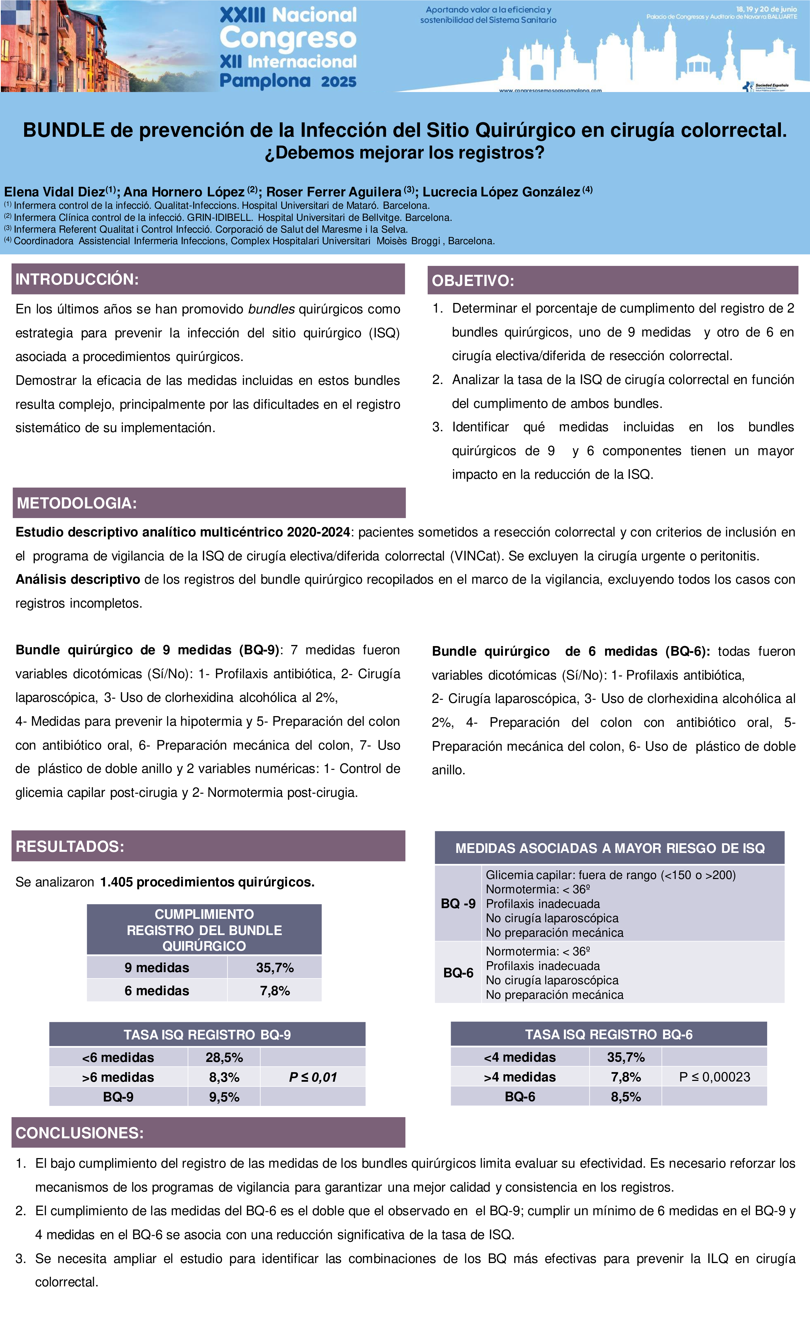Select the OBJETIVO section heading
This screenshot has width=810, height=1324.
coord(473,280)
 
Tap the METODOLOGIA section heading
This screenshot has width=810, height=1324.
coord(77,503)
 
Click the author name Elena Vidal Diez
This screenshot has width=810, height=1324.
coord(55,192)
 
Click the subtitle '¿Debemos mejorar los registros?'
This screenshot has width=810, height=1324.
coord(405,153)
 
